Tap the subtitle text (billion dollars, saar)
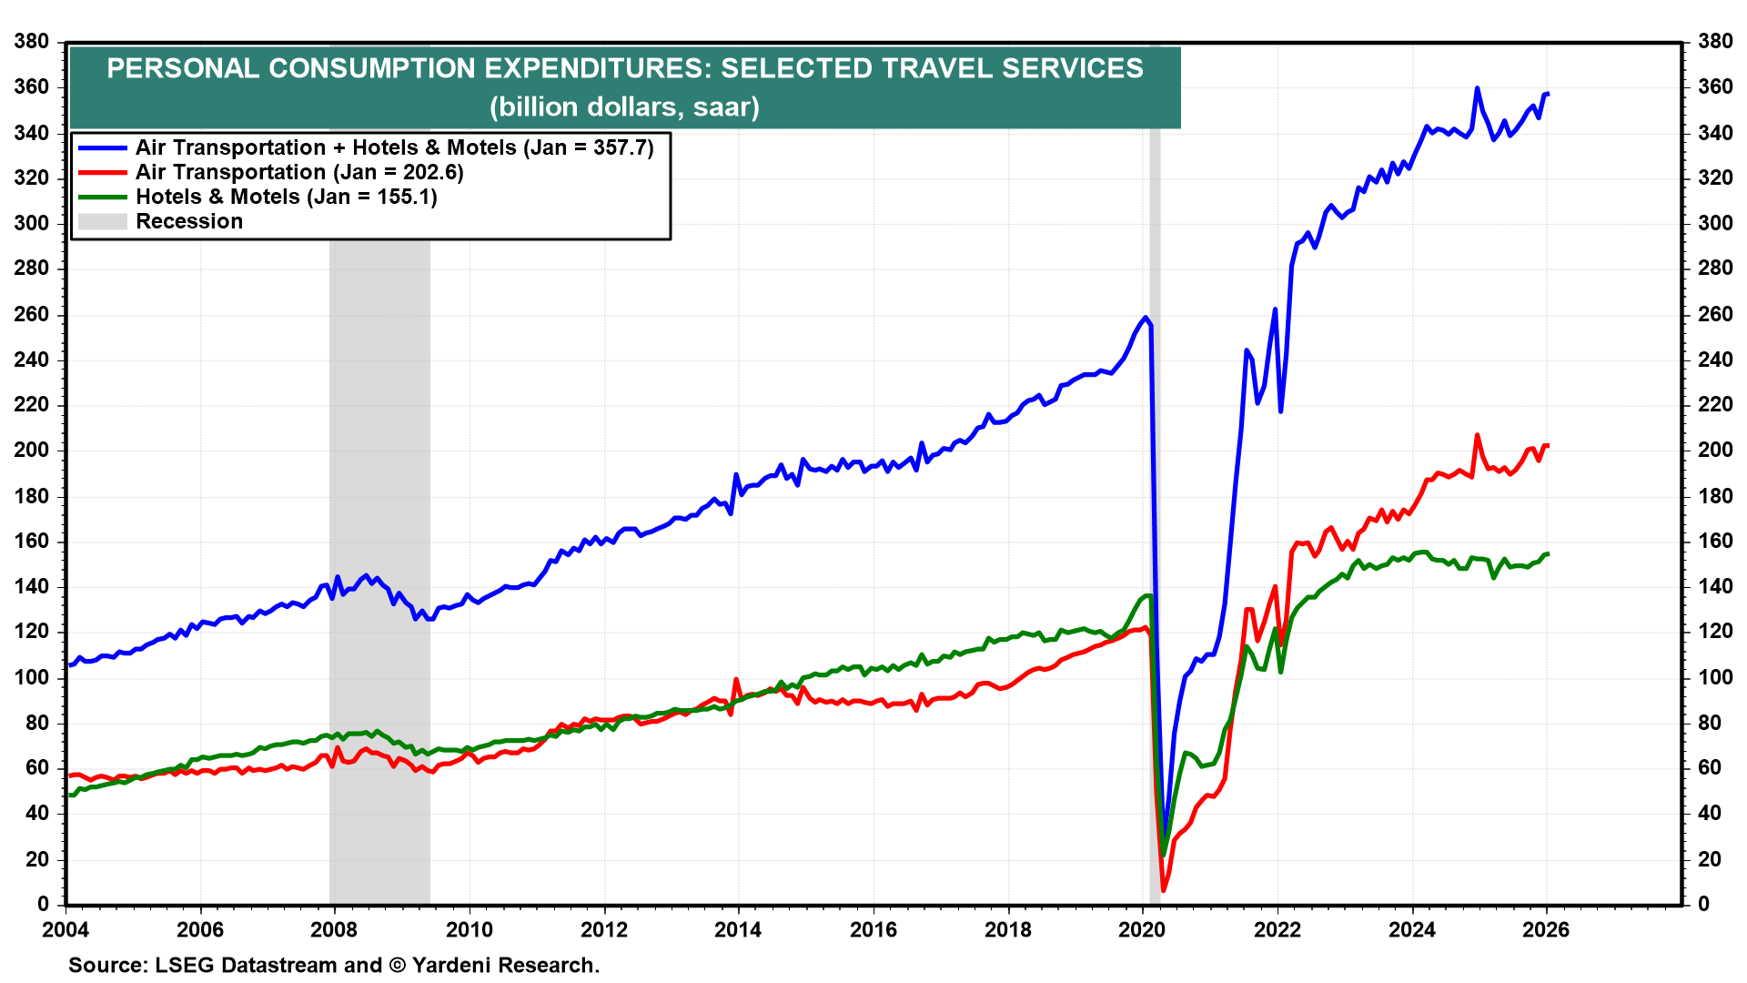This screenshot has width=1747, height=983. pos(624,107)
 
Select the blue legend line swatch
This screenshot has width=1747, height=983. pos(102,148)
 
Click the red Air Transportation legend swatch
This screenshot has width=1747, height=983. pos(102,173)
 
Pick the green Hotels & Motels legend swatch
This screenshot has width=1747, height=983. pos(102,198)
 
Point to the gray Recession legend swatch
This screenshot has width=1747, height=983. pos(102,222)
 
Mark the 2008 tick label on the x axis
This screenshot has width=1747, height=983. pos(334,929)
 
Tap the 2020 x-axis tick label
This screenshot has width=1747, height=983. pos(1142,929)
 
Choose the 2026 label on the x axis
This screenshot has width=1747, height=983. pos(1546,929)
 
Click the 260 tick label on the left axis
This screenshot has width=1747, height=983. pos(31,315)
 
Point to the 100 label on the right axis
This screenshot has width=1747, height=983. pos(1715,677)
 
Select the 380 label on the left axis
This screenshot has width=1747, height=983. pos(31,42)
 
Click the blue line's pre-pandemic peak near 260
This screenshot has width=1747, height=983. pos(1146,318)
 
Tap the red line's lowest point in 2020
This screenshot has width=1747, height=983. pos(1163,889)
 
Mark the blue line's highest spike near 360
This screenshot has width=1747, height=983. pos(1477,88)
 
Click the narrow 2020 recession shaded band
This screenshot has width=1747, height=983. pos(1155,546)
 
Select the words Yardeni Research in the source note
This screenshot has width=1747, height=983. pos(505,966)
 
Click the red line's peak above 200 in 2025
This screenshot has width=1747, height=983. pos(1477,435)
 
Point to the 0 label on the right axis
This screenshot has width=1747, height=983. pos(1704,904)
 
